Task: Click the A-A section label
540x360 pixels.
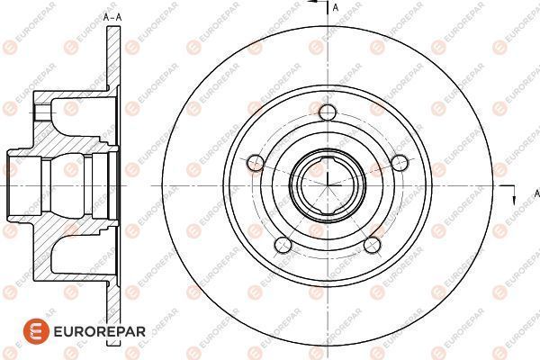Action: pos(112,17)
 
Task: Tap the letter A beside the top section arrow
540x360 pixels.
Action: pos(336,7)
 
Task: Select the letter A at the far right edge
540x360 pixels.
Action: pos(536,193)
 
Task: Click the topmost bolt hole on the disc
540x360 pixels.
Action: pos(328,112)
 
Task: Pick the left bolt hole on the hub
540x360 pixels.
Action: pos(255,163)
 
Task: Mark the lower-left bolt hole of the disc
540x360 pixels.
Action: pos(283,246)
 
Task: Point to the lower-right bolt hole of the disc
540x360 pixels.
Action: pos(372,246)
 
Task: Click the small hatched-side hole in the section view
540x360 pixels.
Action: pos(40,113)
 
